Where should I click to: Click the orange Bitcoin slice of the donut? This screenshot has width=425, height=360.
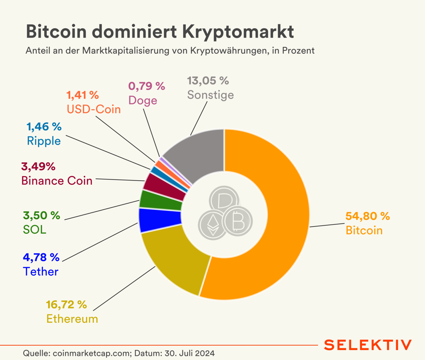click(x=286, y=216)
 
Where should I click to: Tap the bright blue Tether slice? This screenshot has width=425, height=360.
click(x=160, y=220)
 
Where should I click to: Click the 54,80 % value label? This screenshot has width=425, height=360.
click(x=368, y=216)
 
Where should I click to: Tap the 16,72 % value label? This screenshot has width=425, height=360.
click(x=66, y=305)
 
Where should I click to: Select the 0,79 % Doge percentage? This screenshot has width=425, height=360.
click(x=146, y=86)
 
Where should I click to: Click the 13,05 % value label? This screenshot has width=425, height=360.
click(x=208, y=81)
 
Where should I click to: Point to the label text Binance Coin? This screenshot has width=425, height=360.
click(x=57, y=181)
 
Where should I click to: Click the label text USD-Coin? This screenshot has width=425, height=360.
click(x=94, y=109)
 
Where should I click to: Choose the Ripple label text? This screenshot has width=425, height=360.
click(x=44, y=141)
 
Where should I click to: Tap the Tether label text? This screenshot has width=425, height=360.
click(x=41, y=271)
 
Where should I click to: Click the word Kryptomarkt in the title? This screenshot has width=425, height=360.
click(x=238, y=32)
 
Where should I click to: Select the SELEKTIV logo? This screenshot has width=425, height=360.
click(x=368, y=345)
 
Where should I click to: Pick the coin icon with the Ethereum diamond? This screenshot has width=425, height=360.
click(x=213, y=225)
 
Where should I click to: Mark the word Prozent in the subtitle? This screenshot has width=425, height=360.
click(x=298, y=50)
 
